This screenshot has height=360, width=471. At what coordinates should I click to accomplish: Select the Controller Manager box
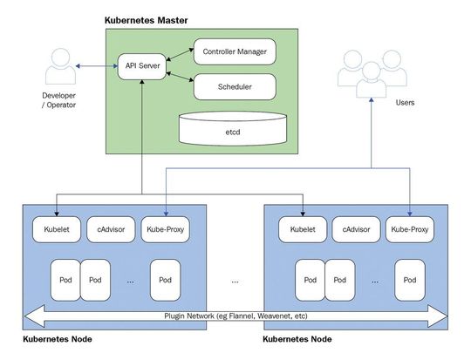coord(234,51)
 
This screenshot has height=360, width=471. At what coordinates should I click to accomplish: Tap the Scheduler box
coord(234,86)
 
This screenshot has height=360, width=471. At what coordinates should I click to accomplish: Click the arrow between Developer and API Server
coord(97,66)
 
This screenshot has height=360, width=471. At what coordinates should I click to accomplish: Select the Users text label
coord(405,102)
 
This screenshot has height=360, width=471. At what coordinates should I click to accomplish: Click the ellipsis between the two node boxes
coord(235,281)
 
